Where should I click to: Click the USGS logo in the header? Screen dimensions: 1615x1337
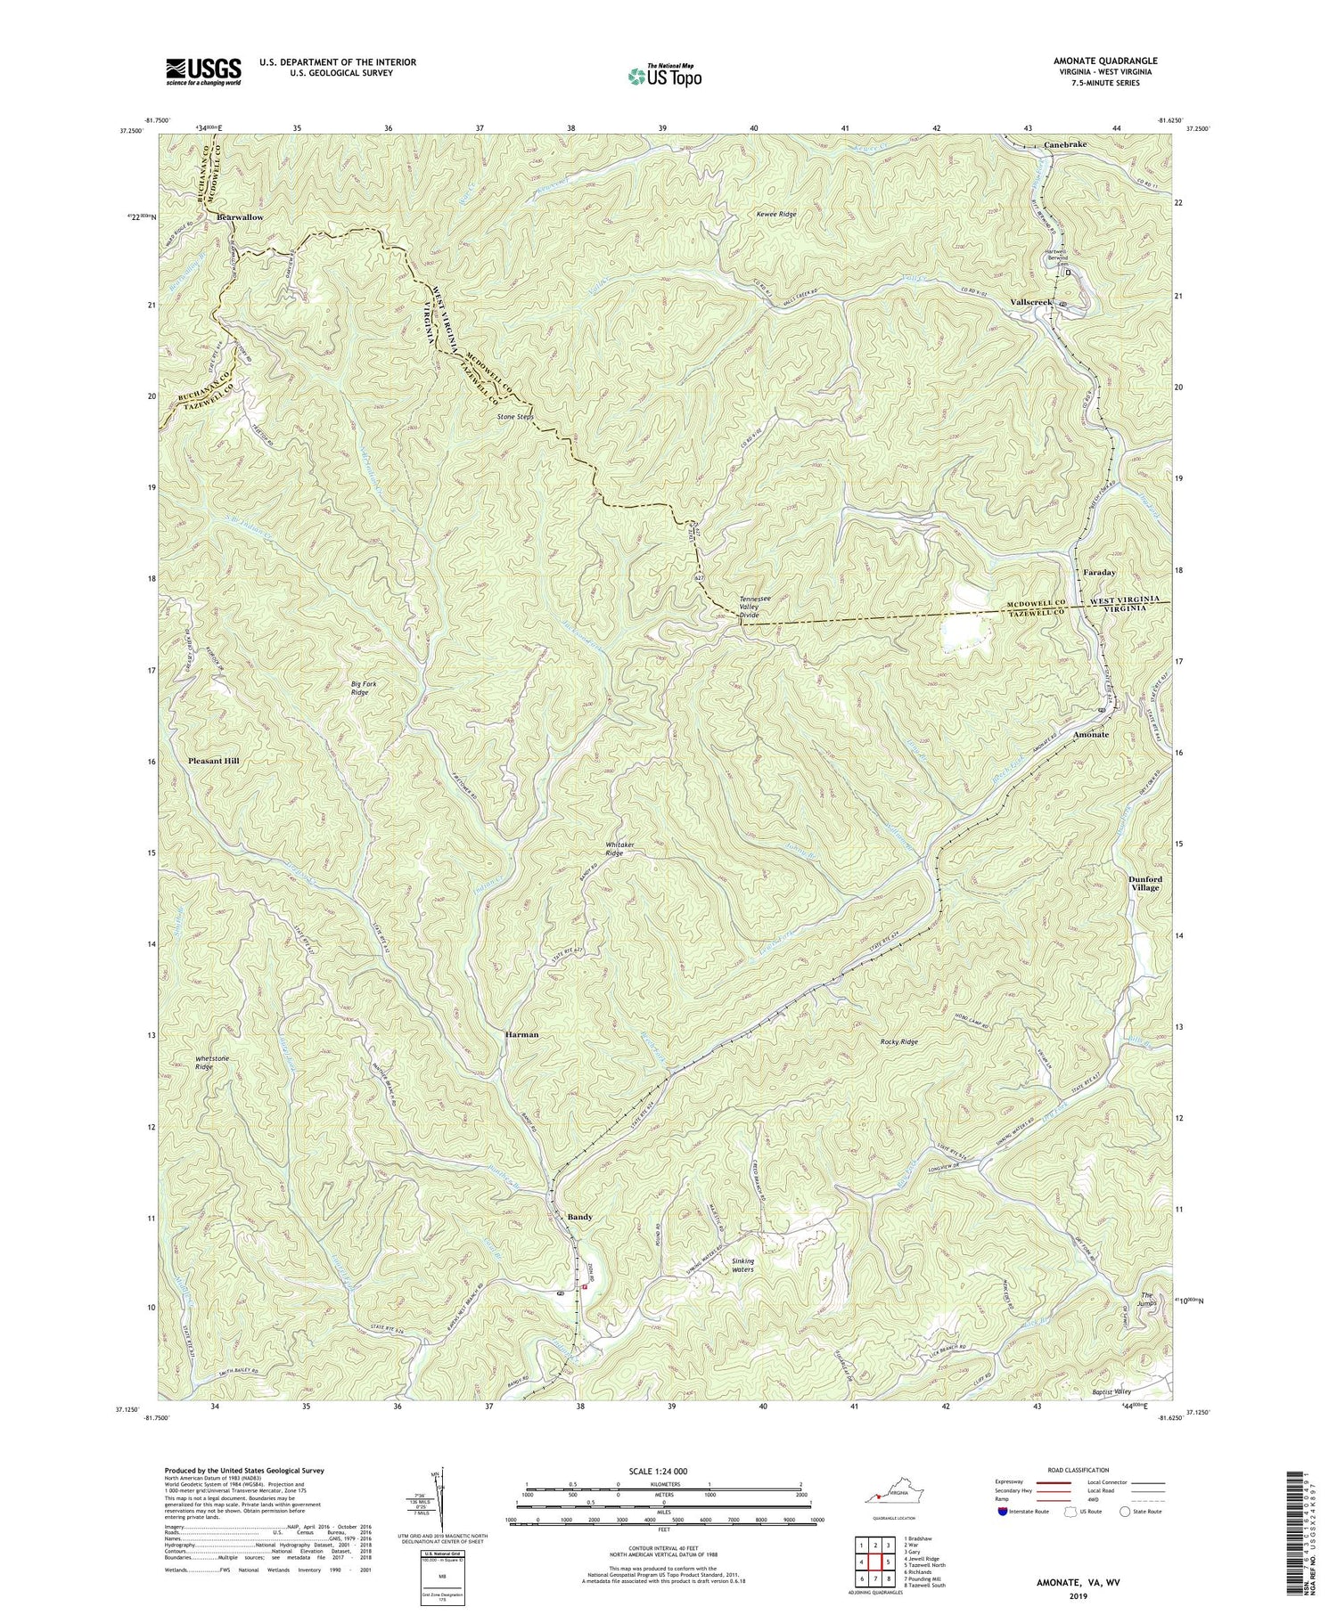coord(203,70)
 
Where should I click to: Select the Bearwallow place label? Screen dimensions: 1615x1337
coord(240,217)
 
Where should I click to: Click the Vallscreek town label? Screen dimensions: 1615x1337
coord(1031,302)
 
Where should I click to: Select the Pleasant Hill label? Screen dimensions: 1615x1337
coord(214,762)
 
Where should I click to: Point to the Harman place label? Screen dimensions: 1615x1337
coord(521,1035)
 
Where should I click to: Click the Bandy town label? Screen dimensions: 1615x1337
coord(579,1217)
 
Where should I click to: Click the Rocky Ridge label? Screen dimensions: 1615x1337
coord(896,1041)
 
